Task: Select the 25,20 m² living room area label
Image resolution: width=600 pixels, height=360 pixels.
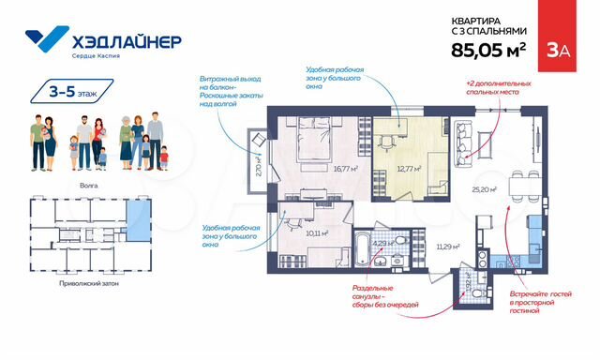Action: (x=484, y=189)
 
